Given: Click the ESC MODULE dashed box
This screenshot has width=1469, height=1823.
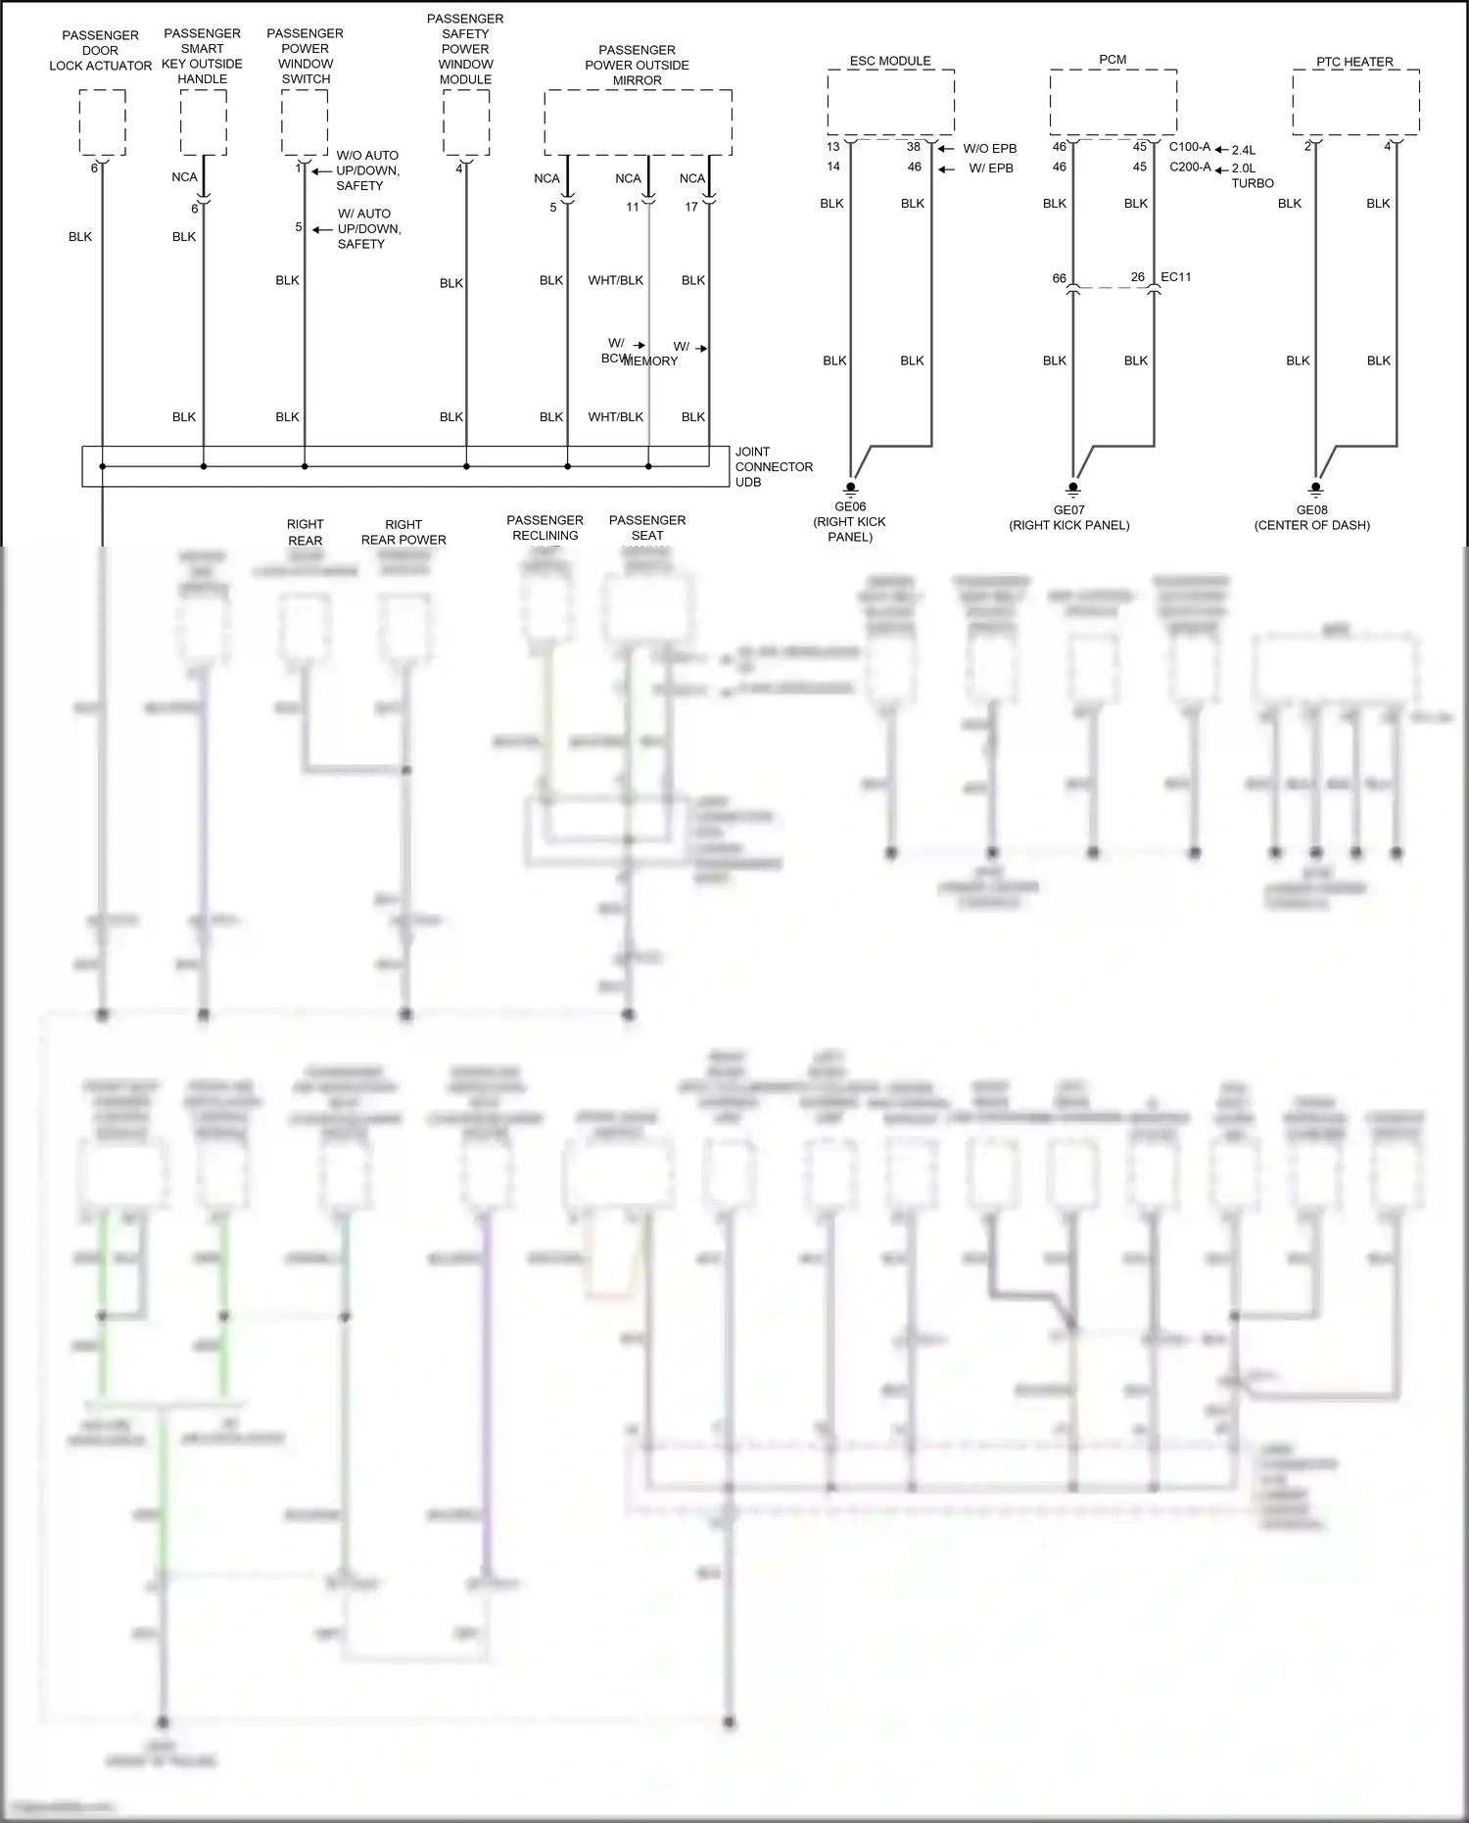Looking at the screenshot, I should [890, 102].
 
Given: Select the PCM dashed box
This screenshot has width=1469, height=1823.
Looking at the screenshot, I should [1113, 102].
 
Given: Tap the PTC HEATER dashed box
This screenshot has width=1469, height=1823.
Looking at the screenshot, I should [1355, 103].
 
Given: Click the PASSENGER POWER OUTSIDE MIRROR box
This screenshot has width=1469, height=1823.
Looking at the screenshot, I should [638, 122].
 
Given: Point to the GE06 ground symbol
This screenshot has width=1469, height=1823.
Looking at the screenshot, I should [851, 487].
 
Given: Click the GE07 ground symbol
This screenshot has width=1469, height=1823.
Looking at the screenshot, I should [1073, 487].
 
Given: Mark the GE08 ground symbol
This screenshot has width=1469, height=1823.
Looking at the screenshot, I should [1315, 487].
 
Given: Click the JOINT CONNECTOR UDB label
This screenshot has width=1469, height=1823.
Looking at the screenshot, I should [774, 467].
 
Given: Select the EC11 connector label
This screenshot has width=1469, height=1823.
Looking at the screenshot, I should [1176, 277].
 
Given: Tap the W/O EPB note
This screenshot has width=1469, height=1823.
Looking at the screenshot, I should [989, 149].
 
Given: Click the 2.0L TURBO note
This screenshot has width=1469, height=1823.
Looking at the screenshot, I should [1252, 175].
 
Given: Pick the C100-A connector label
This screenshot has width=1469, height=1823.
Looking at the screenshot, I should [1190, 147].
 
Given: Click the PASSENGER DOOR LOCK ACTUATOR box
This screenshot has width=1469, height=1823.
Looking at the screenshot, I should [102, 122].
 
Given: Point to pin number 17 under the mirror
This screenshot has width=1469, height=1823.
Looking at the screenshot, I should [691, 207].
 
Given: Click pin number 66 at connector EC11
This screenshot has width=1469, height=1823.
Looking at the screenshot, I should [1059, 278].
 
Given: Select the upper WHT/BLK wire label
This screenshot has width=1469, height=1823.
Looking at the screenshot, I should [615, 280].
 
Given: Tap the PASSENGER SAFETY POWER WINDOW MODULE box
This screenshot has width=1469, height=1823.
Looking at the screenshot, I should [466, 122].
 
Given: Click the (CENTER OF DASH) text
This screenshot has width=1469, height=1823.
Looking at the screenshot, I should [1311, 525].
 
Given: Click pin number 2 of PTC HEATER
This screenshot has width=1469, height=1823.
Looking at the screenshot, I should [1306, 147].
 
